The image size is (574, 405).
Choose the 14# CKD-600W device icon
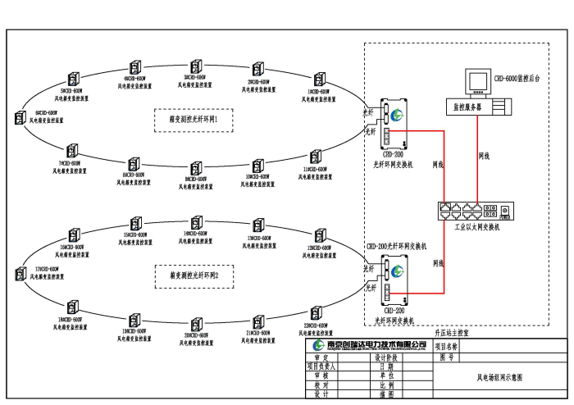pos(196,222)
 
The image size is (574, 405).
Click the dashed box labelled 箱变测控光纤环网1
pos(194,120)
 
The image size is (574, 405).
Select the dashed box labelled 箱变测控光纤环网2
pos(194,275)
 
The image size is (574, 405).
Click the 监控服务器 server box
pos(477,106)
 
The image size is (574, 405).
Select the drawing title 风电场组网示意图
pos(499,378)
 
